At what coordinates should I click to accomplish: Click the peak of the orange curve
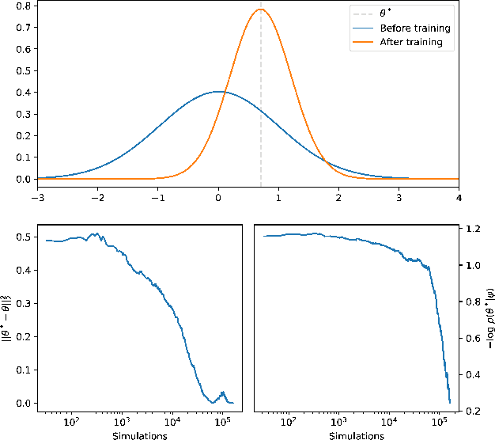tap(261, 9)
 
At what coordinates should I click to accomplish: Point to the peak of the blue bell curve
tap(219, 92)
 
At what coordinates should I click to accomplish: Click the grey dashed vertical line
tap(261, 119)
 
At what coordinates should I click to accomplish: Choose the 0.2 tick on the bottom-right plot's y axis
tap(473, 411)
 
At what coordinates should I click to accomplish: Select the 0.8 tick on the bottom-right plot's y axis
tap(473, 302)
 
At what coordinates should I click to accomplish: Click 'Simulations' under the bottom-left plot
tap(139, 434)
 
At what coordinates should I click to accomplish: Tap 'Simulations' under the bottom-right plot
tap(356, 434)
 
